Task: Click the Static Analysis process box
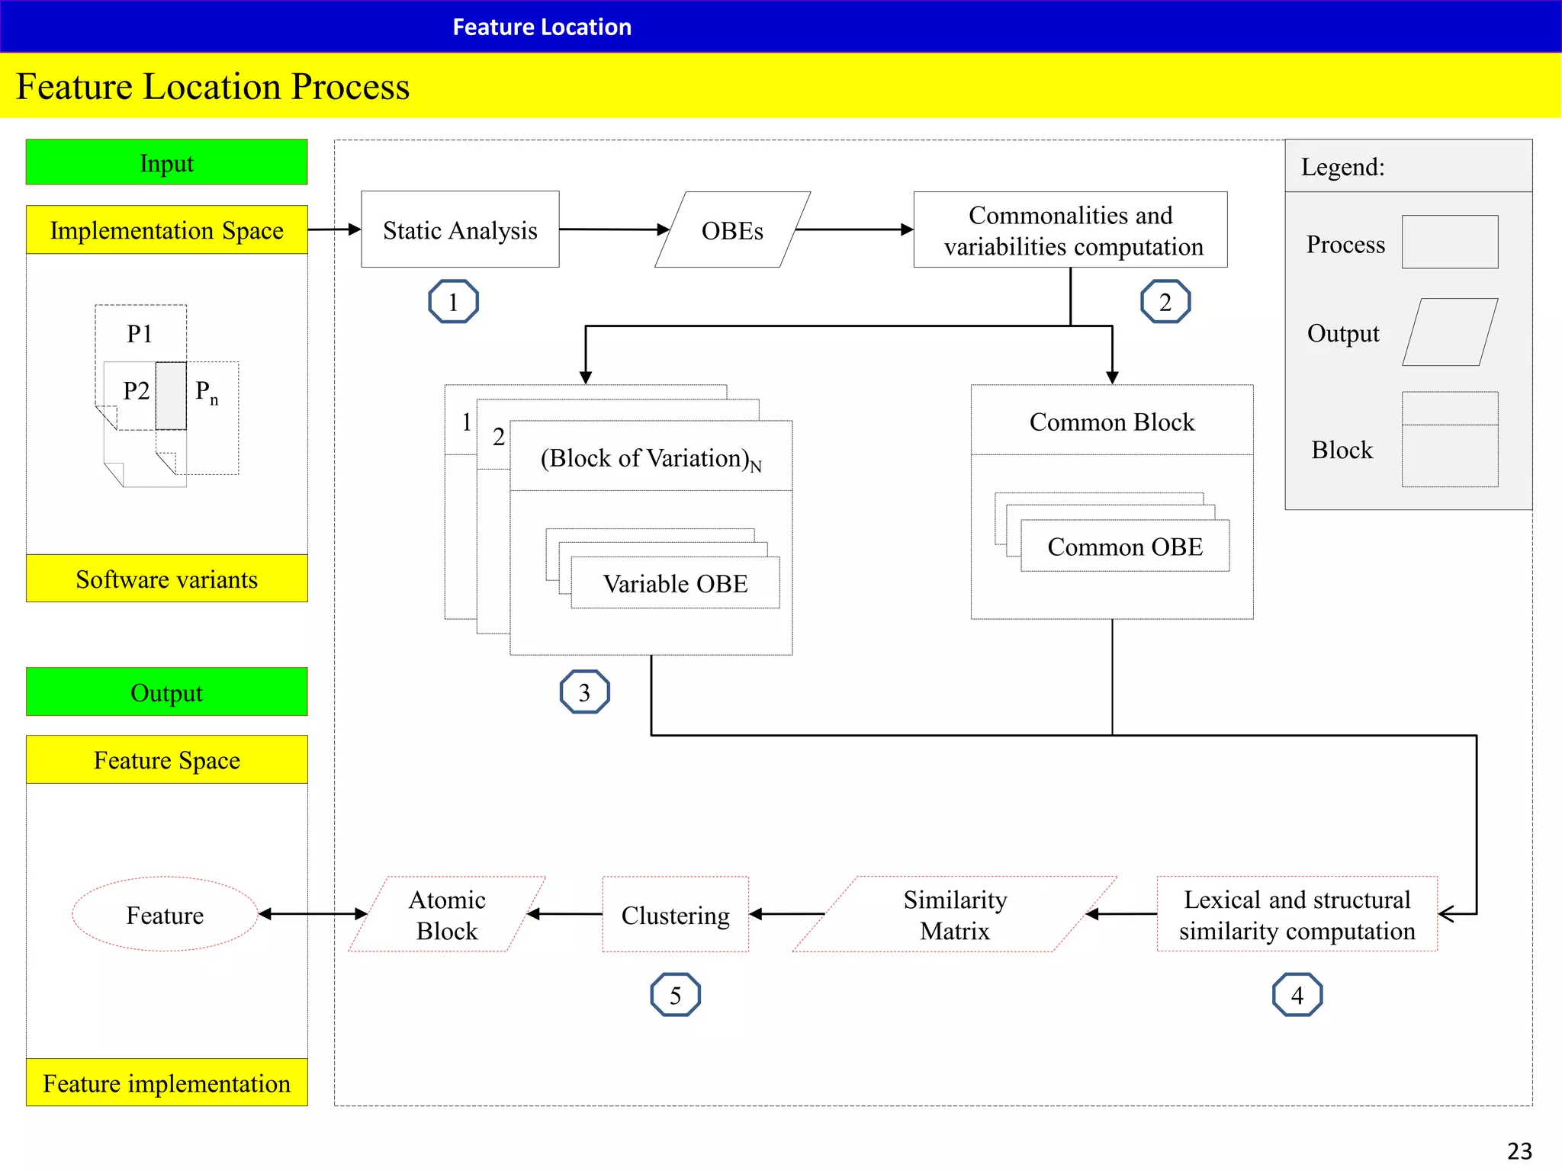(x=460, y=229)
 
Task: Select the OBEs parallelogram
(x=732, y=229)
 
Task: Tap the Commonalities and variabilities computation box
(x=1070, y=229)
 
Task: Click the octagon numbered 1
(x=453, y=302)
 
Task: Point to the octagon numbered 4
(x=1297, y=995)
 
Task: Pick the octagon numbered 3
(x=584, y=692)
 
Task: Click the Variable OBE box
(x=675, y=583)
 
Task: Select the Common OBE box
(x=1125, y=546)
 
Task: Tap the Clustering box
(x=675, y=914)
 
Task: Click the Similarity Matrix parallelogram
(x=954, y=914)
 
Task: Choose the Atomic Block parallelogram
(x=447, y=914)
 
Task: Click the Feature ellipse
(x=165, y=914)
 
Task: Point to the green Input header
(x=166, y=162)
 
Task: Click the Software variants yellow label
(x=166, y=579)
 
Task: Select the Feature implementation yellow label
(x=166, y=1083)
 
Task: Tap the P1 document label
(x=140, y=333)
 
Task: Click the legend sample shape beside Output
(x=1449, y=332)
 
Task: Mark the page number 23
(x=1519, y=1150)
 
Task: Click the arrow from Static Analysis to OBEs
(x=614, y=229)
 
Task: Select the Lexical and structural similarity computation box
(x=1297, y=914)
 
